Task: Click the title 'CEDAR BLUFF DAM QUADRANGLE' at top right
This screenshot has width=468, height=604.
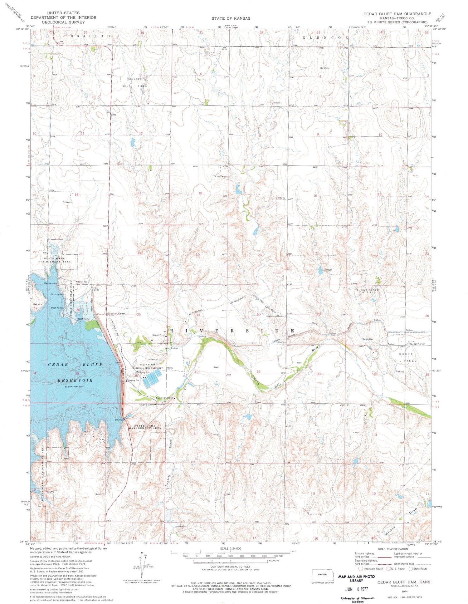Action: [x=397, y=14]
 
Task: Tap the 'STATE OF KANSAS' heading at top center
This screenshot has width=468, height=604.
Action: [x=231, y=18]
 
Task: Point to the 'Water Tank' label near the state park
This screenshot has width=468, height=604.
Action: [x=83, y=282]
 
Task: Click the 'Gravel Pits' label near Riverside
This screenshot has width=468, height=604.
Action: [x=158, y=335]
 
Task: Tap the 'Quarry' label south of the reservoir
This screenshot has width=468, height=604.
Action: [x=99, y=494]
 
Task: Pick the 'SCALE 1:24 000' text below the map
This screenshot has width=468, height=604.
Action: [x=231, y=548]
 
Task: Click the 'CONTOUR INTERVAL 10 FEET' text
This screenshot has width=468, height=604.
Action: [x=231, y=567]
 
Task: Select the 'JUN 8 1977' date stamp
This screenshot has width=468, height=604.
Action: [x=356, y=589]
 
